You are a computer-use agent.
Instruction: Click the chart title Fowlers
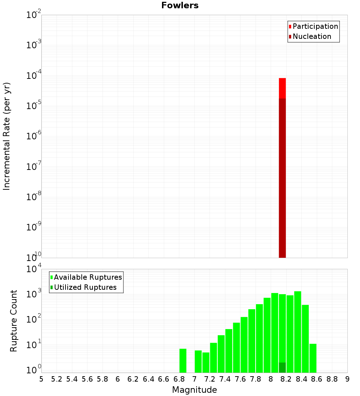click(x=180, y=5)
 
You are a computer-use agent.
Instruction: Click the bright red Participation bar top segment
click(x=282, y=88)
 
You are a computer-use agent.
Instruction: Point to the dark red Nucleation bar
click(x=282, y=180)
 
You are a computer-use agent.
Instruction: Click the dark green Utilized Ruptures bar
click(x=282, y=368)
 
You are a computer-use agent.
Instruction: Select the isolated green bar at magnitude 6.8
click(x=183, y=361)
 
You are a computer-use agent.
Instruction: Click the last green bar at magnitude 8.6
click(x=313, y=358)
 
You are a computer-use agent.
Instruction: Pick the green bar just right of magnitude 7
click(x=198, y=361)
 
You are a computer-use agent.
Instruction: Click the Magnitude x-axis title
click(x=194, y=390)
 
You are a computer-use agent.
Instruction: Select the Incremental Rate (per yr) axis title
click(x=7, y=136)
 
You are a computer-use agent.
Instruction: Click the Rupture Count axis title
click(x=14, y=321)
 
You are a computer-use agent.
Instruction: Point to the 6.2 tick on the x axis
click(x=133, y=379)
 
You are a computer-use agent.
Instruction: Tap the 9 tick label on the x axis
click(x=347, y=379)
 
